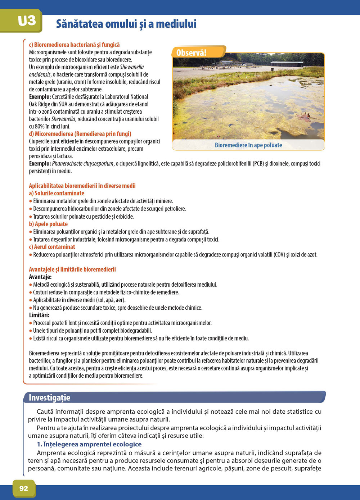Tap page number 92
pos(24,488)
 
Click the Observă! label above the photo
pos(192,53)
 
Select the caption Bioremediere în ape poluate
pos(248,145)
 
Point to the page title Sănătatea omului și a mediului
pos(126,24)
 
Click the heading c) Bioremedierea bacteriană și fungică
pos(74,45)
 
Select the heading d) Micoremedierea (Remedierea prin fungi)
pos(80,134)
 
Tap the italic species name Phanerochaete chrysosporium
pos(83,164)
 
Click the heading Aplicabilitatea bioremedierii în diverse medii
pos(82,186)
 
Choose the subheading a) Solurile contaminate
pos(57,193)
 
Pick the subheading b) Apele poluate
pos(48,224)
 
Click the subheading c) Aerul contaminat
pos(52,247)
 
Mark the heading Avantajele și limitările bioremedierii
pos(72,269)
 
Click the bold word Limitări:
pos(39,315)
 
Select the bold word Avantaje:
pos(40,277)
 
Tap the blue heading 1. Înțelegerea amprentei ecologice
pos(89,444)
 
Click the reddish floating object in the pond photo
pos(305,116)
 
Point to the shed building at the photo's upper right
pos(287,64)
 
